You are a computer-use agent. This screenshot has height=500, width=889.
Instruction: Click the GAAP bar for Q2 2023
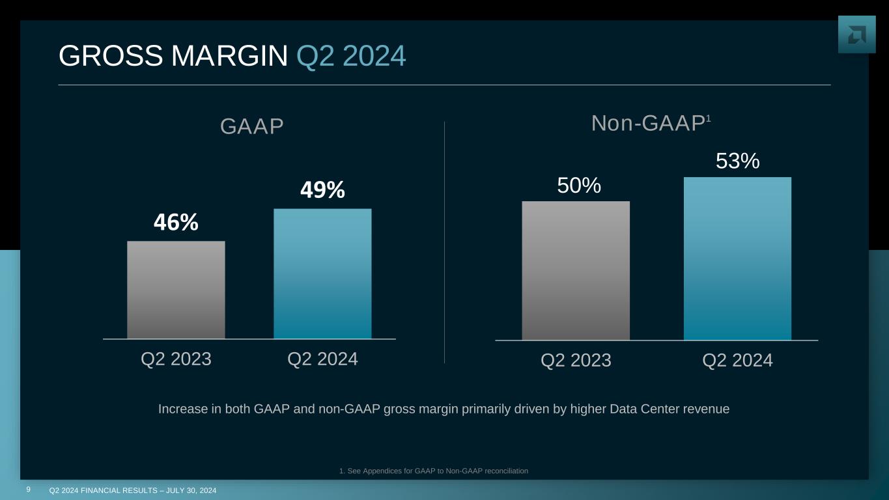[176, 290]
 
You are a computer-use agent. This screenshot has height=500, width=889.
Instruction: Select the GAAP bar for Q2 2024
[322, 273]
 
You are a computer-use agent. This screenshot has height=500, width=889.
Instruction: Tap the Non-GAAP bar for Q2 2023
[576, 270]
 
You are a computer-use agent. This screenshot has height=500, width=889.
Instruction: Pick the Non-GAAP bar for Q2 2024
[737, 258]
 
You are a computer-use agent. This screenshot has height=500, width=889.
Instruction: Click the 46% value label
[176, 223]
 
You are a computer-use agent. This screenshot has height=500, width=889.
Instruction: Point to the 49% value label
[322, 190]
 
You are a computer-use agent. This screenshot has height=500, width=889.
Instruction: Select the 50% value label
[578, 186]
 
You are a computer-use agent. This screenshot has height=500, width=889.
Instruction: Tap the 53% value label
[737, 161]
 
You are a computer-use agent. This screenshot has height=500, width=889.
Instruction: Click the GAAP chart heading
[252, 127]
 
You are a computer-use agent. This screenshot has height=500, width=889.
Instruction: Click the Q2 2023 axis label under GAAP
[176, 359]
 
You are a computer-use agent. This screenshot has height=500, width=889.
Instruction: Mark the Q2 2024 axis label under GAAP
[322, 359]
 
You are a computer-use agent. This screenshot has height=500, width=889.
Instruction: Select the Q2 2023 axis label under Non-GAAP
[576, 360]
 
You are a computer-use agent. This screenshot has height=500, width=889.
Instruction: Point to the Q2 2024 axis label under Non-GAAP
[737, 360]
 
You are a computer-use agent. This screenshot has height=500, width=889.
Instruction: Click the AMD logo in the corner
[856, 35]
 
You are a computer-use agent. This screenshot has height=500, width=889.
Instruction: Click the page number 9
[29, 489]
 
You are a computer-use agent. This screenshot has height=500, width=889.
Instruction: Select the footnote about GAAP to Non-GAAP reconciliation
[434, 471]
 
